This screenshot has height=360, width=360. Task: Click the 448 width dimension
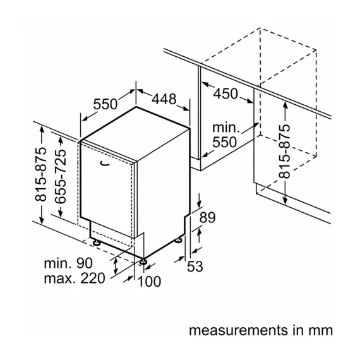tap(164, 99)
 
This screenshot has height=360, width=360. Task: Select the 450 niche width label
tap(225, 93)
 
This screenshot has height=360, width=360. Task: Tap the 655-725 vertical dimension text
tap(61, 176)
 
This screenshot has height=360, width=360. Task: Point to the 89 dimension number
tap(208, 217)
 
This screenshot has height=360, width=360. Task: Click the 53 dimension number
tap(195, 267)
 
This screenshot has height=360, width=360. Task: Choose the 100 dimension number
tap(149, 282)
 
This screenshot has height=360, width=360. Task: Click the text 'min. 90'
tap(68, 263)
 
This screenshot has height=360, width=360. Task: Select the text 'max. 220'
tap(75, 279)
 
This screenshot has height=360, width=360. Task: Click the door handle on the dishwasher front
tap(105, 164)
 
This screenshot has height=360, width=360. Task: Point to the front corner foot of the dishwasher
tap(143, 261)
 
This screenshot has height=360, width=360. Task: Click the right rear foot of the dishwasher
tap(178, 240)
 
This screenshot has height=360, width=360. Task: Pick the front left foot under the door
tap(96, 243)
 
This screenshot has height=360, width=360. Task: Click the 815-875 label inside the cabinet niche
tap(285, 152)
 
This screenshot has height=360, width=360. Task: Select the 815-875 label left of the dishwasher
tap(41, 174)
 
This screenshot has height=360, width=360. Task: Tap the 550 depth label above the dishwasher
tap(105, 104)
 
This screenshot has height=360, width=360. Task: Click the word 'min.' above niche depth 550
tap(226, 128)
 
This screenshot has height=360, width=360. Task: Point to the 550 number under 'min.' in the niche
tap(225, 142)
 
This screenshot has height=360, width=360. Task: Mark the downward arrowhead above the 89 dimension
tap(200, 203)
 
